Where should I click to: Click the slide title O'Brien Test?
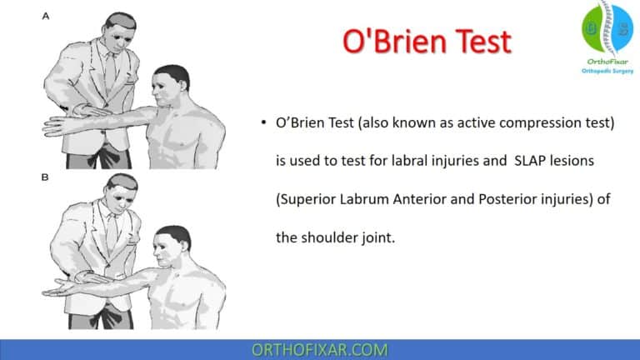[426, 42]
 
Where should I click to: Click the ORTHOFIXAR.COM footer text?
[319, 348]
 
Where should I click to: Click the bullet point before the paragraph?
[263, 123]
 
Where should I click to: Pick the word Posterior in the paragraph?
[490, 199]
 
